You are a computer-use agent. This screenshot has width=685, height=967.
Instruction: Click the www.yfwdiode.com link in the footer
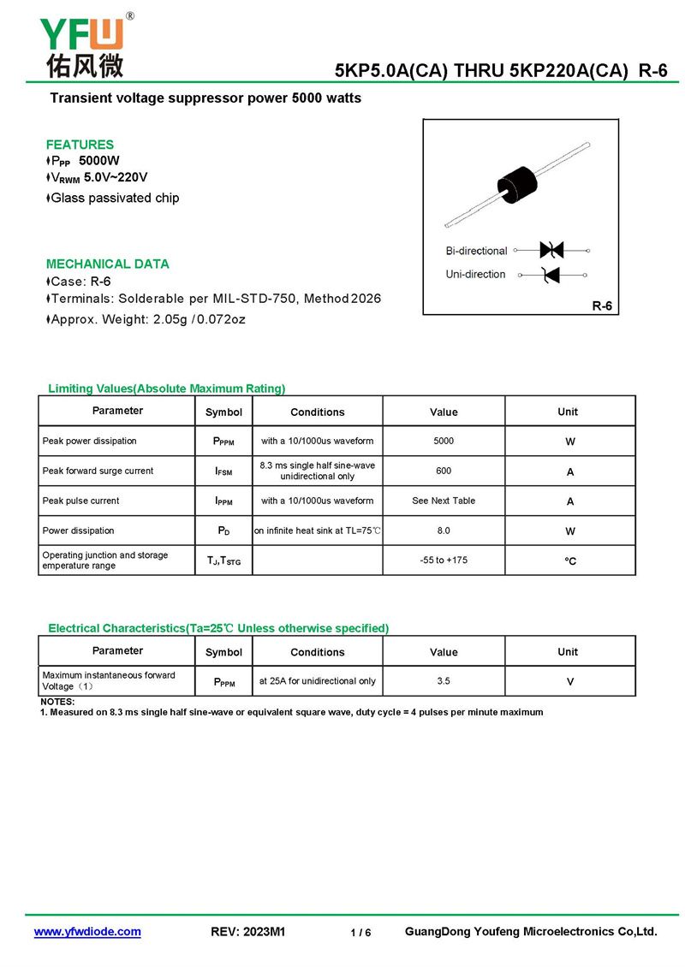[87, 932]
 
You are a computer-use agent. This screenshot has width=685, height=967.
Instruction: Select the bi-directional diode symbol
[551, 250]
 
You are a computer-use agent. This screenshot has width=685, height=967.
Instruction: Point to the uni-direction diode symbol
[551, 275]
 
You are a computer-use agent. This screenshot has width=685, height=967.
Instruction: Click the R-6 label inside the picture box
[603, 306]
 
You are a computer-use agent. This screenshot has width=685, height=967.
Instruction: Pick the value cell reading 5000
[444, 442]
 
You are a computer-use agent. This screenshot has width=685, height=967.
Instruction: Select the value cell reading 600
[444, 472]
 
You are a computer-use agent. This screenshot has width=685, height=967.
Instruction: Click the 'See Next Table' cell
[444, 501]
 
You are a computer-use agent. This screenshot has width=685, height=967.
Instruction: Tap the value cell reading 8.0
[444, 531]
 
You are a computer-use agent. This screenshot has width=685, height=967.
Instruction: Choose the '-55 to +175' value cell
[444, 561]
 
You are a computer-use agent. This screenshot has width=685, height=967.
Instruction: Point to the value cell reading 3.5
[444, 681]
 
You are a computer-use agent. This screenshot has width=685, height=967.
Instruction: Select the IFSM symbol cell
[223, 472]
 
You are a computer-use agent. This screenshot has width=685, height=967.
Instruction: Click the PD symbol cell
[223, 531]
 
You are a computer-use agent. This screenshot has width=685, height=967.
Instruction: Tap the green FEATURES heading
[80, 145]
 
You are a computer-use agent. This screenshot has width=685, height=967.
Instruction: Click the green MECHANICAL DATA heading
[108, 264]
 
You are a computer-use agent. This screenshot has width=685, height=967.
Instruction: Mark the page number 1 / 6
[360, 933]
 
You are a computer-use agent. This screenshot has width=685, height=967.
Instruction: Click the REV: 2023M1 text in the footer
[247, 932]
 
